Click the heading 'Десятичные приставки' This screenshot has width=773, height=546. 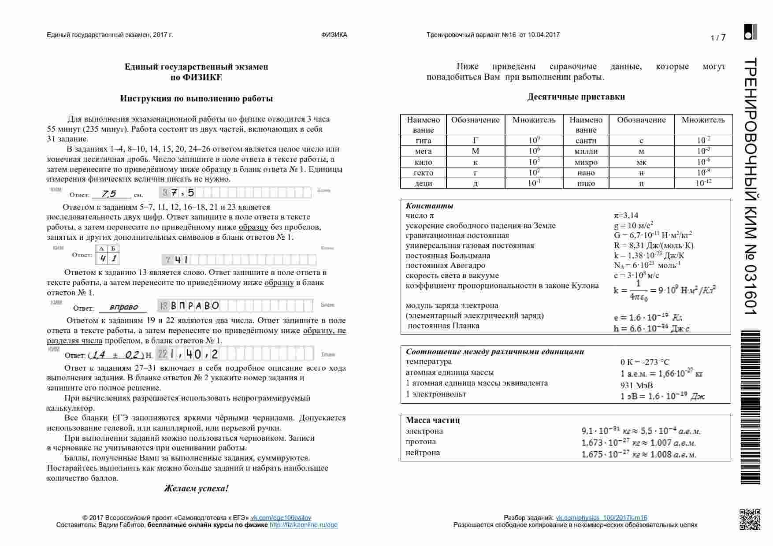(576, 97)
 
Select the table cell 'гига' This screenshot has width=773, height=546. (423, 141)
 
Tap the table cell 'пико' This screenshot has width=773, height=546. (586, 183)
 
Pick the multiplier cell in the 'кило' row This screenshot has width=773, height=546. (534, 162)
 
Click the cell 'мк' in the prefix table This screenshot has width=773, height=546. (641, 162)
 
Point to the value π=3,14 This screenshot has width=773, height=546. (626, 215)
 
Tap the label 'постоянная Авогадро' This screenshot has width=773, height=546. (445, 265)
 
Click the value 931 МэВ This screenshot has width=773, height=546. (636, 385)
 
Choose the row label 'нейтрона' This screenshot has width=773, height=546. (423, 453)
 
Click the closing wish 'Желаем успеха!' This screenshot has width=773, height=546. (196, 488)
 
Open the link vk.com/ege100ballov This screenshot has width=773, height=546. (281, 518)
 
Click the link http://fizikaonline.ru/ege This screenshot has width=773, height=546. (303, 525)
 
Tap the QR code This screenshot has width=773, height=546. (750, 519)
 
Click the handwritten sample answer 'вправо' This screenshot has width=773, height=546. (123, 307)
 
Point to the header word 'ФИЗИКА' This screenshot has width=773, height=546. (334, 35)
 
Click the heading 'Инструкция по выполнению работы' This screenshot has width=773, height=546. (196, 99)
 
